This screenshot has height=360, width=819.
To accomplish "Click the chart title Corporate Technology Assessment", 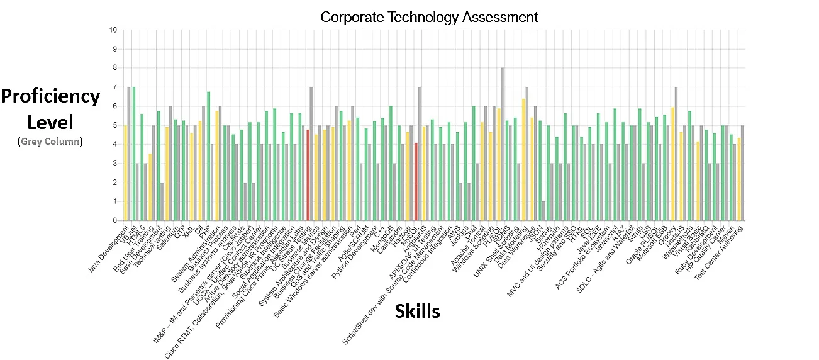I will (x=429, y=17).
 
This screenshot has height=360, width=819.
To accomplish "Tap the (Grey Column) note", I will (x=50, y=142).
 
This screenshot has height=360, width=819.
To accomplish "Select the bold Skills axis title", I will (x=417, y=311).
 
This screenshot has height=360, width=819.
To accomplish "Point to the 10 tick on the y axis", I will (x=113, y=30).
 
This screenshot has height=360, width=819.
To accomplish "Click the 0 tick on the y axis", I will (x=114, y=221).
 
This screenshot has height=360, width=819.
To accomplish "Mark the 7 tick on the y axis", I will (x=114, y=87).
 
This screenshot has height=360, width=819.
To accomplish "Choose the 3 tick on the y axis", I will (x=114, y=164).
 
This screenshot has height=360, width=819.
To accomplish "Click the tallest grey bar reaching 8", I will (x=502, y=145).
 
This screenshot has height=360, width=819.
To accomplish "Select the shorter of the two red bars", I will (x=416, y=182).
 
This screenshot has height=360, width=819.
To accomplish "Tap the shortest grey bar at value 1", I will (x=543, y=211).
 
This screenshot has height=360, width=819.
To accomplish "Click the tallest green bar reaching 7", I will (x=134, y=154).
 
